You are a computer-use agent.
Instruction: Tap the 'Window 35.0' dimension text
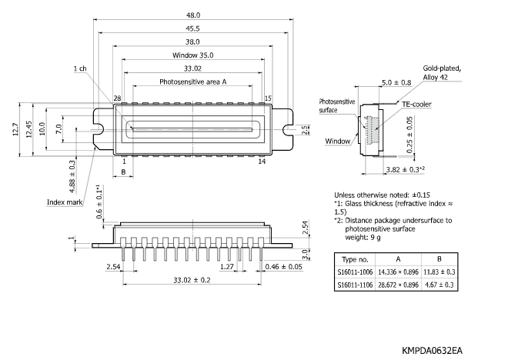coord(193,55)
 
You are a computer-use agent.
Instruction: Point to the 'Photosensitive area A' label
coord(193,81)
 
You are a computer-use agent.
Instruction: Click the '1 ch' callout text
coord(79,68)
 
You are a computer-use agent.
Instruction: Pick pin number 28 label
coord(118,98)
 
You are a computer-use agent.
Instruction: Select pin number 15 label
coord(268,98)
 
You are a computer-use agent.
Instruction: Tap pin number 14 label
coord(262,162)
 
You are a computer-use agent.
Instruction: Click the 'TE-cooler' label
coord(416,102)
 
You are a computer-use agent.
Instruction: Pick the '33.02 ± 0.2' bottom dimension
coord(193,281)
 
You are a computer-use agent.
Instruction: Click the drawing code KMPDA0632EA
coord(432,350)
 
